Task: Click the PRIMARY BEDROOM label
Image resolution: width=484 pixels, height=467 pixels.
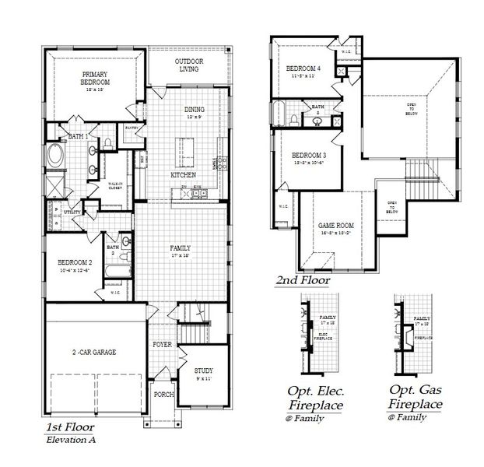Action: (95, 78)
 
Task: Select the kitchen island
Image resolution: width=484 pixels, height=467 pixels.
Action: (186, 146)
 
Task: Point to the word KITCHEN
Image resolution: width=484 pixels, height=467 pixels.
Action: (184, 175)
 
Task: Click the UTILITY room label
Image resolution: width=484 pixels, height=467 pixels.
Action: (72, 210)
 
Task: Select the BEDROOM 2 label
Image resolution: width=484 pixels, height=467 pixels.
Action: (75, 263)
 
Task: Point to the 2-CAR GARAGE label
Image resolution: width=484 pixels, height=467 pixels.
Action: (94, 352)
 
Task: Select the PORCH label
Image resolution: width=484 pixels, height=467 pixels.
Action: (163, 394)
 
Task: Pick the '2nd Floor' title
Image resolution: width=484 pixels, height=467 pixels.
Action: (303, 279)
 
